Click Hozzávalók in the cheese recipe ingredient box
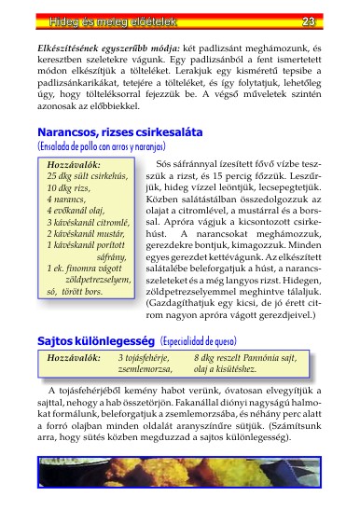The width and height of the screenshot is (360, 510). tap(74, 357)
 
